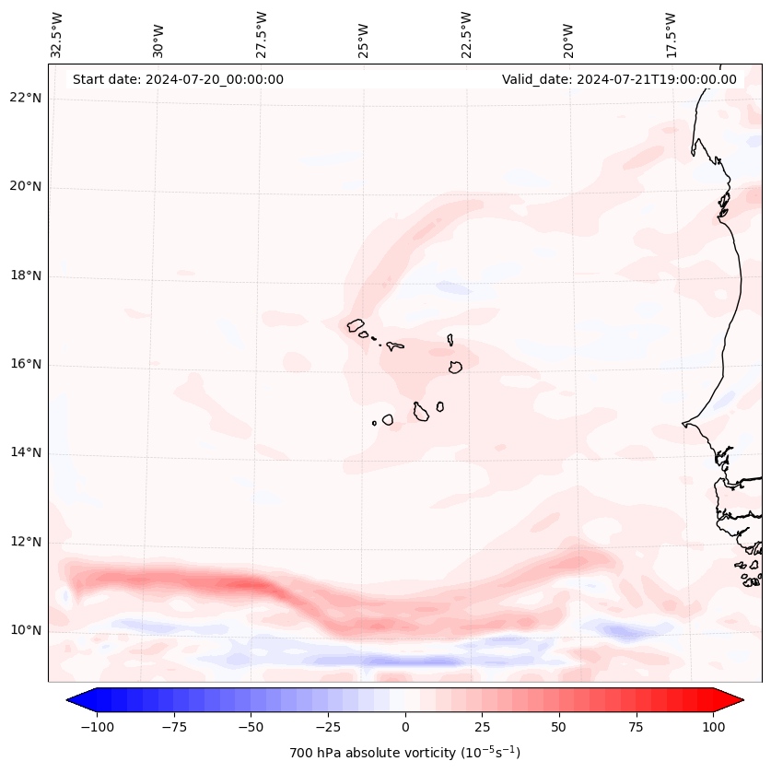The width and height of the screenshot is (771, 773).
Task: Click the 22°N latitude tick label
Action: pos(26,99)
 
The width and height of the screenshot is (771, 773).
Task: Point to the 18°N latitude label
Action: pos(26,275)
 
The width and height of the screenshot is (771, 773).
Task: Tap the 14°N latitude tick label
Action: pos(26,452)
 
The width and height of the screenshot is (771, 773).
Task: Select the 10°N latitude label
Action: pos(26,630)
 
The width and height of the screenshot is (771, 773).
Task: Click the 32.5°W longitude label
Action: pos(57,34)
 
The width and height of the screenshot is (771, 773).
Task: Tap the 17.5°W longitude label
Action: pos(671,34)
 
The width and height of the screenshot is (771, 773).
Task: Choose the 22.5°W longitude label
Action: pos(466,34)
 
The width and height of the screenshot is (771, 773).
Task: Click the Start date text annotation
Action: pos(178,79)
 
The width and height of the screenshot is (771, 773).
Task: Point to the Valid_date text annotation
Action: pos(619,79)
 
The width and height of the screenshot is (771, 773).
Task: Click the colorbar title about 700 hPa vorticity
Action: pos(404,753)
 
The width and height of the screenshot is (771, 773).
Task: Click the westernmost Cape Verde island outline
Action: pos(356,325)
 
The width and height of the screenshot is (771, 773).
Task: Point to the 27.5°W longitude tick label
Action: pos(262,34)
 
